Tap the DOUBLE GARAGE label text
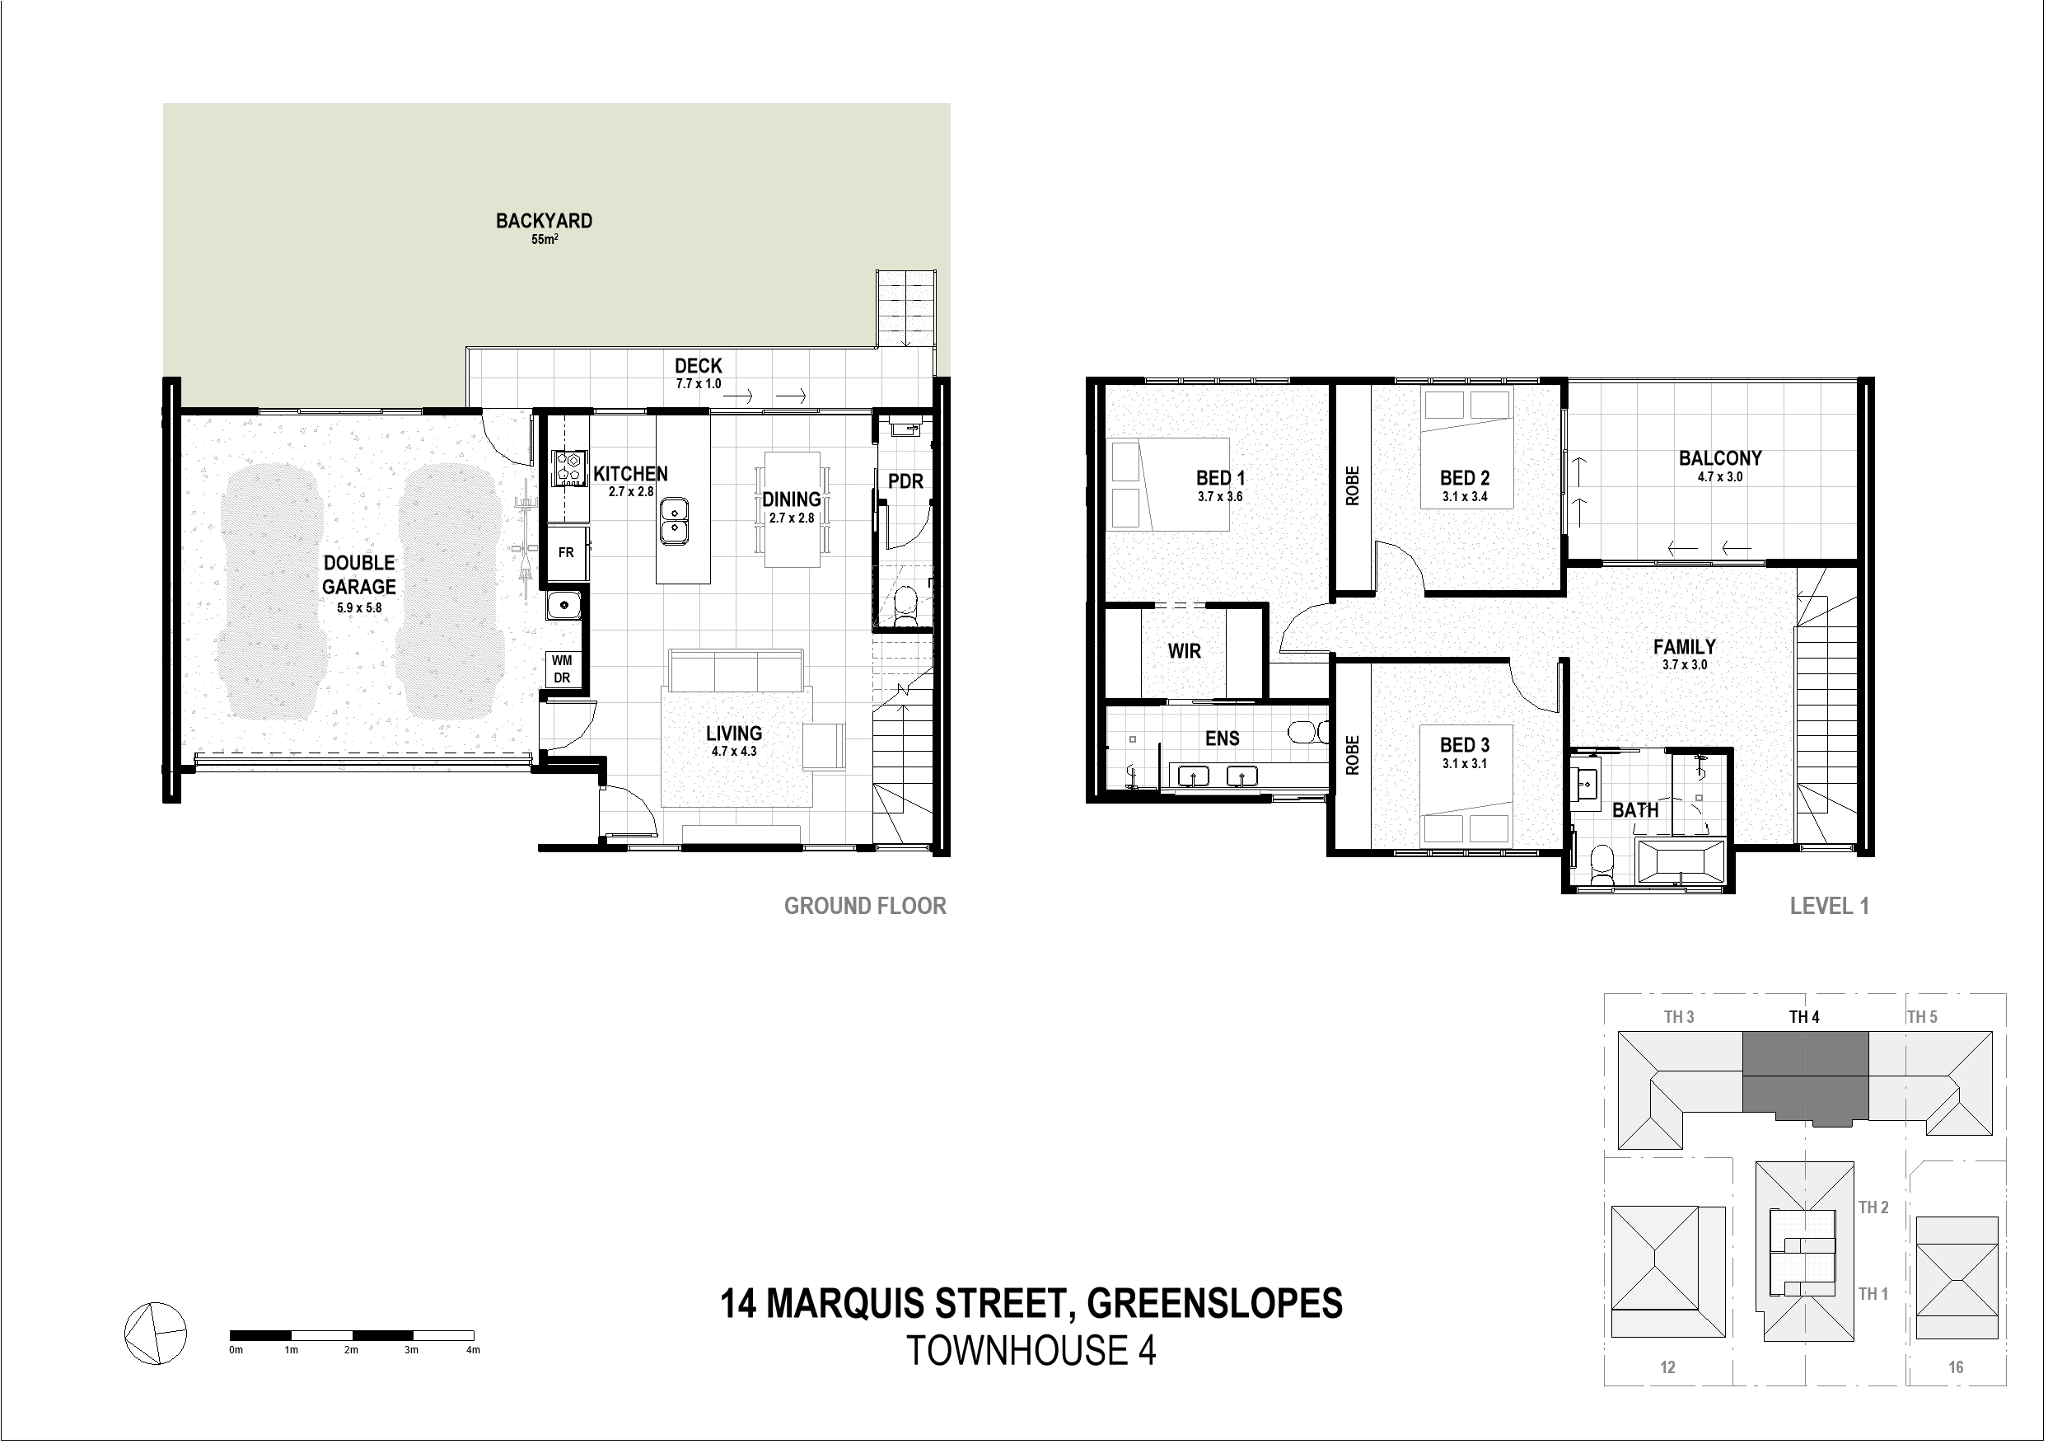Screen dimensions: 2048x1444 click(359, 574)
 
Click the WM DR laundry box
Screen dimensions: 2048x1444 click(562, 669)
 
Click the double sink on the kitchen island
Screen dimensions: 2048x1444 click(675, 522)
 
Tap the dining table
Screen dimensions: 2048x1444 click(792, 509)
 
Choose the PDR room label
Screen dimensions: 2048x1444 click(905, 482)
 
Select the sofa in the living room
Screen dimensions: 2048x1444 click(736, 670)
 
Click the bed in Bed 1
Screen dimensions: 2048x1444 click(1167, 485)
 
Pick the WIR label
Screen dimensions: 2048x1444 click(1185, 651)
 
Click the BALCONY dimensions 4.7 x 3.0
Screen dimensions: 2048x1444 click(1720, 477)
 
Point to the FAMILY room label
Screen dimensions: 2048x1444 click(1684, 647)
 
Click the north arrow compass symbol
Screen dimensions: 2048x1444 click(155, 1334)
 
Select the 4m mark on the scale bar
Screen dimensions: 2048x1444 click(473, 1350)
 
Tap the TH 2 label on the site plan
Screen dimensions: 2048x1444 click(1873, 1207)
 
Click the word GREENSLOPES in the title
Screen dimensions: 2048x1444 click(1215, 1304)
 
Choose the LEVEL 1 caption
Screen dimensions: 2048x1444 click(1830, 906)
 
